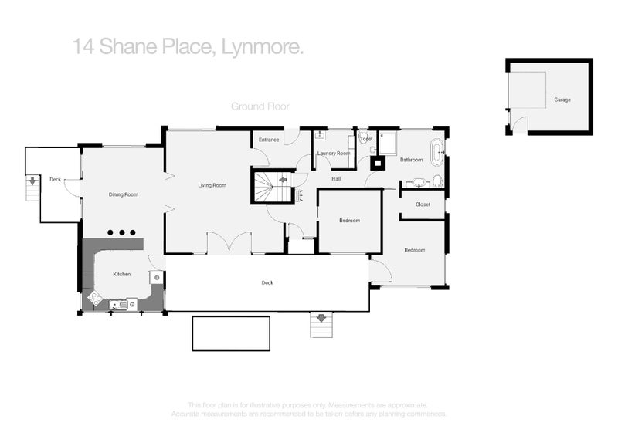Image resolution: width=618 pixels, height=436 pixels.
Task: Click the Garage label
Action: click(x=562, y=100)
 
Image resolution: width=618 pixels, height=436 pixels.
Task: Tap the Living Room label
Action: click(x=212, y=185)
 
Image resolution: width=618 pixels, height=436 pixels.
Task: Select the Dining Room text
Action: click(x=124, y=194)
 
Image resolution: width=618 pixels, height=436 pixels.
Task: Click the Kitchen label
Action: click(x=122, y=274)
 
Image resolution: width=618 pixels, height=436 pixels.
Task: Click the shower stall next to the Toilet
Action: click(x=387, y=143)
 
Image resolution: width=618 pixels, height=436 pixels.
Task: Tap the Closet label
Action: click(x=423, y=204)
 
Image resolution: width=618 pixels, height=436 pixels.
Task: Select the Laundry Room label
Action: click(x=334, y=154)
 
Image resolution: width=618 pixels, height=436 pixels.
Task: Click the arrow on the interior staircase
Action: click(x=283, y=180)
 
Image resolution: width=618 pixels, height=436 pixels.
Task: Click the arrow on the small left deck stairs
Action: click(x=32, y=183)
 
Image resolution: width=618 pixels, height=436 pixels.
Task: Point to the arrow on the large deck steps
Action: click(x=321, y=317)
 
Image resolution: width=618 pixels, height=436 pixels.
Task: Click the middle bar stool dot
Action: click(x=122, y=232)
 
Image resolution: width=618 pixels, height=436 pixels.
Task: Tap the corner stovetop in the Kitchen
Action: click(x=96, y=297)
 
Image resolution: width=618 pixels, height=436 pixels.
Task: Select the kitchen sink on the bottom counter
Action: click(x=121, y=305)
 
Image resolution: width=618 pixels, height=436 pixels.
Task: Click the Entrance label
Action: click(x=269, y=140)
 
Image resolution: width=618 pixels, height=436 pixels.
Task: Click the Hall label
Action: click(x=336, y=179)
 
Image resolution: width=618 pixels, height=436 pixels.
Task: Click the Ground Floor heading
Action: click(x=260, y=106)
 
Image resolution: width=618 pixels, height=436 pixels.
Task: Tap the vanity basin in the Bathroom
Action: click(x=419, y=183)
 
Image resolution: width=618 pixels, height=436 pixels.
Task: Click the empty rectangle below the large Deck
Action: click(x=231, y=333)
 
